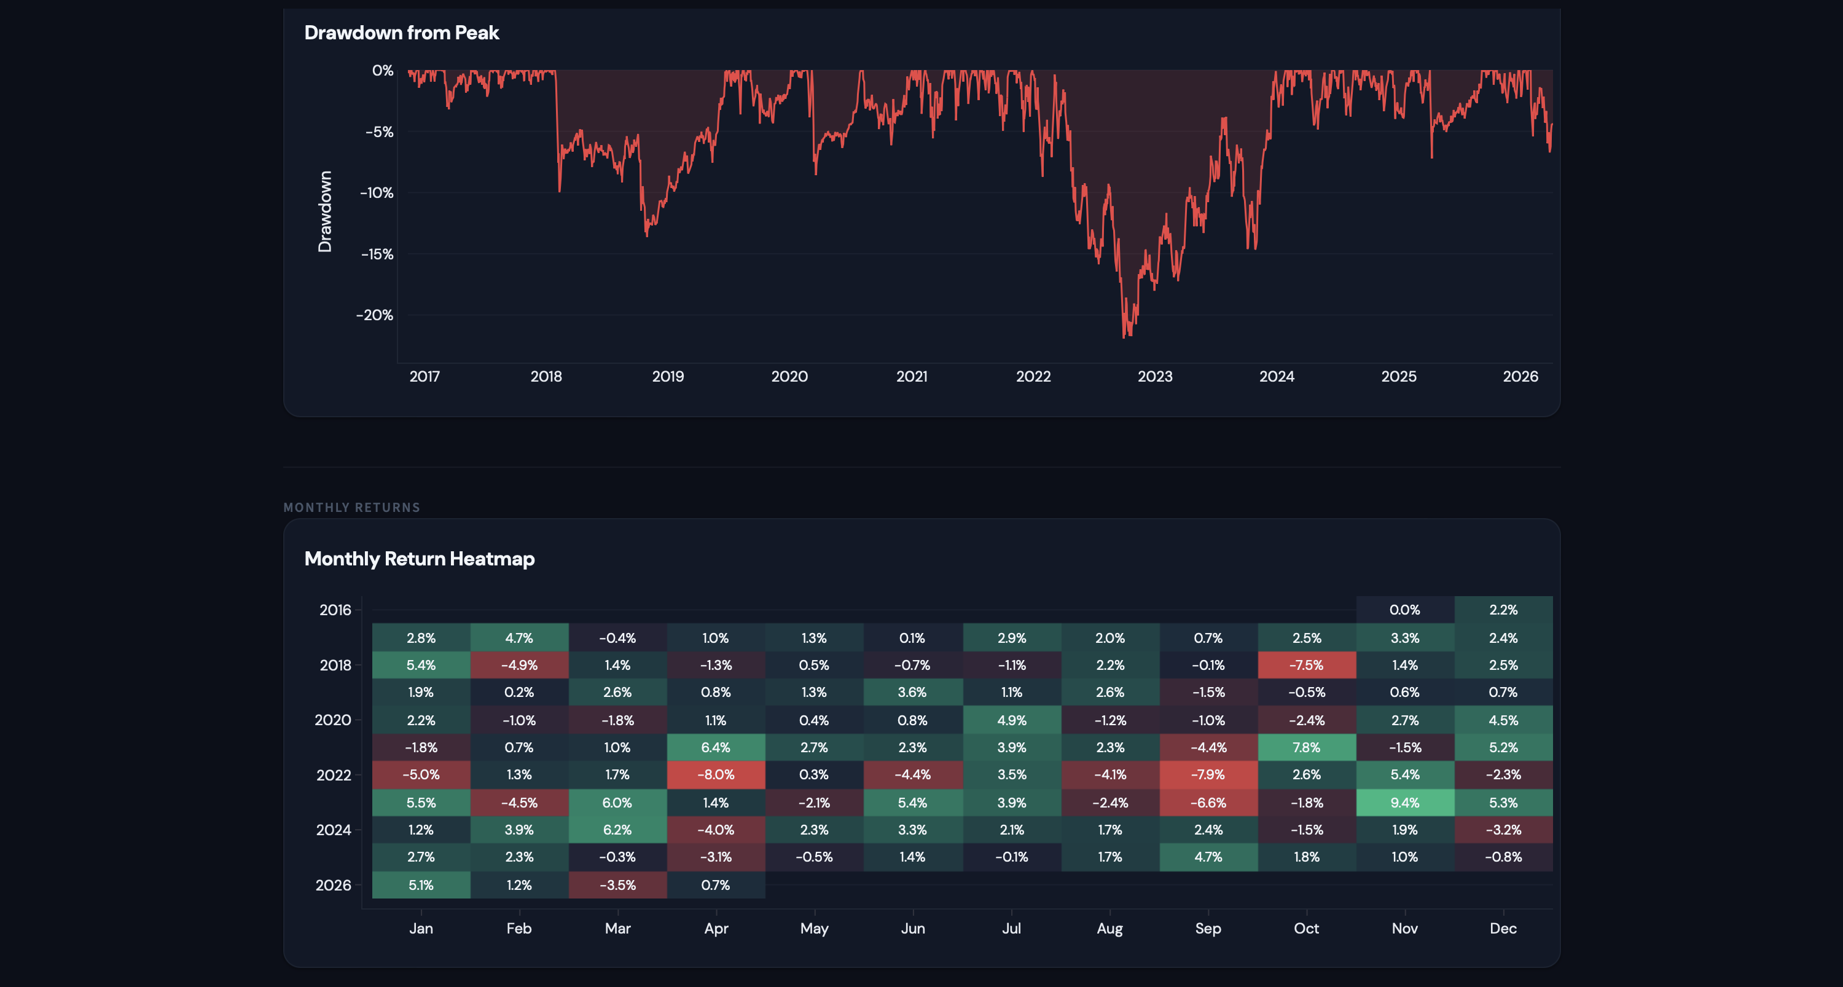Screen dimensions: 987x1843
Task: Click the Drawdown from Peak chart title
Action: pos(401,33)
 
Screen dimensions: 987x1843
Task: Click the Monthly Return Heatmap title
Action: pos(419,559)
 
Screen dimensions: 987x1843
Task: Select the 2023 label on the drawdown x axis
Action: pos(1155,377)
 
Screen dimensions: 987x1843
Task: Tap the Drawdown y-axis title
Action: pos(325,212)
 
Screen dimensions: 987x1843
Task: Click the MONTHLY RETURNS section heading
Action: pos(351,508)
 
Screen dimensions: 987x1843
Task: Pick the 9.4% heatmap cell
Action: pos(1404,803)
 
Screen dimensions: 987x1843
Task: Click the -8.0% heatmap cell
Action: pos(716,774)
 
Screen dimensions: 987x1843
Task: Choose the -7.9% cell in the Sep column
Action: pos(1208,774)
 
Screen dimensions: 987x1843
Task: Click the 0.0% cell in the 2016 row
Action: pos(1404,610)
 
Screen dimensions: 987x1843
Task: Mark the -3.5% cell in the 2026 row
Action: pos(617,884)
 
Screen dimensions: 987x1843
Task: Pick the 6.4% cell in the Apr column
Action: pos(716,747)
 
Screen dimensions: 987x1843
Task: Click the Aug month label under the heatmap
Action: pos(1109,929)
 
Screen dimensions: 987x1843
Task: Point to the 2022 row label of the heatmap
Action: pos(334,775)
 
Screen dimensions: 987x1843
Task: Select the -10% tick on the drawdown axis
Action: pos(377,193)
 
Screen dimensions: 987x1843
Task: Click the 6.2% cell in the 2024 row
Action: pos(617,830)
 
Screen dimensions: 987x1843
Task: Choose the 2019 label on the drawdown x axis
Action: pos(668,377)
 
